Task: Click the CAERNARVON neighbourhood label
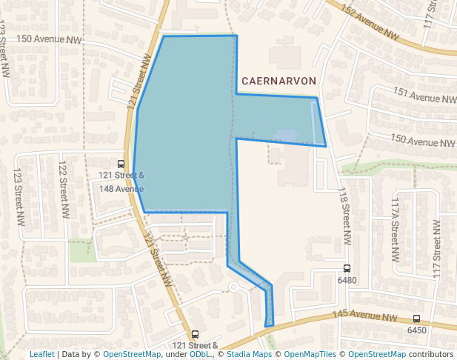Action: pyautogui.click(x=278, y=81)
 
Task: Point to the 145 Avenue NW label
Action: pyautogui.click(x=364, y=316)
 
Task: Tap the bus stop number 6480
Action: pyautogui.click(x=347, y=280)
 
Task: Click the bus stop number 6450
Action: pyautogui.click(x=416, y=330)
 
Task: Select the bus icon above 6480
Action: pyautogui.click(x=347, y=269)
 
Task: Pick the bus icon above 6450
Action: pyautogui.click(x=416, y=319)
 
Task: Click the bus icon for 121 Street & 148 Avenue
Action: pyautogui.click(x=121, y=164)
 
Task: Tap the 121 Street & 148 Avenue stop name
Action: pyautogui.click(x=121, y=182)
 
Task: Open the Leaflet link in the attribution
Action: pyautogui.click(x=41, y=354)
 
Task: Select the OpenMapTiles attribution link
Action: pyautogui.click(x=309, y=354)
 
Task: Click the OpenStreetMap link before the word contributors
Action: pyautogui.click(x=377, y=354)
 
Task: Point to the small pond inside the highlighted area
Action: pyautogui.click(x=284, y=136)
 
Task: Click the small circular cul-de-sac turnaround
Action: pyautogui.click(x=234, y=287)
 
